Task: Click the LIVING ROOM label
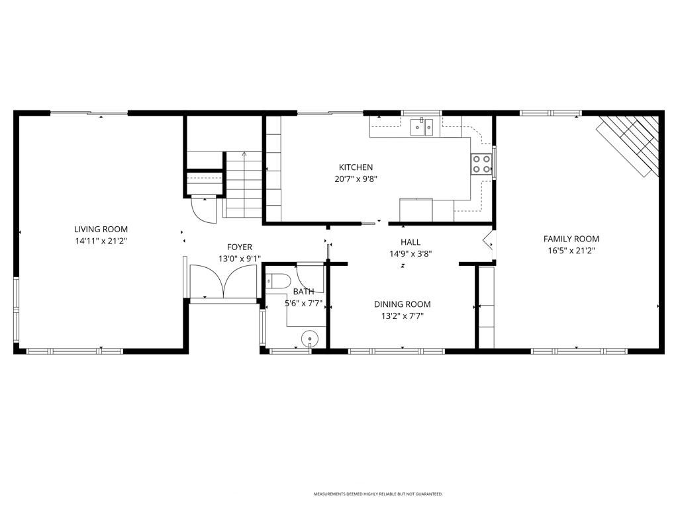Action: tap(101, 230)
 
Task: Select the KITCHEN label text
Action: tap(356, 167)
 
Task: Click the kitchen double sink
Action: tap(421, 126)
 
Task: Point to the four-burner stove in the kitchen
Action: tap(481, 164)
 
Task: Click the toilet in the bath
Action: tap(276, 280)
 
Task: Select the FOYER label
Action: tap(239, 247)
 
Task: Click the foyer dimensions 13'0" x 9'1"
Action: tap(239, 259)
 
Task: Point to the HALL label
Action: tap(410, 242)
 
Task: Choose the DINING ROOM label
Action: tap(402, 304)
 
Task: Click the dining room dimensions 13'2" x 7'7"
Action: tap(402, 316)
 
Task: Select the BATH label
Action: tap(303, 292)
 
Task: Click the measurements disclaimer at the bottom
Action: tap(378, 494)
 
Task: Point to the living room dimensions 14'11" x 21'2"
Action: tap(101, 241)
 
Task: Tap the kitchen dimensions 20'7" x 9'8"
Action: tap(356, 179)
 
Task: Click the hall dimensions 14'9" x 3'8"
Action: tap(410, 253)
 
